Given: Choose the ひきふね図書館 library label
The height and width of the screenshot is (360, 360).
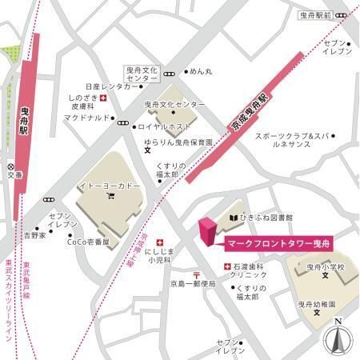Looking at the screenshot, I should [x=266, y=217].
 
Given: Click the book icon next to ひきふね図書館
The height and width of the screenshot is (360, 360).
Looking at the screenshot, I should [x=233, y=217].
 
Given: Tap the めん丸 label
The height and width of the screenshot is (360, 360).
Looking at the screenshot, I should [x=201, y=71].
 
